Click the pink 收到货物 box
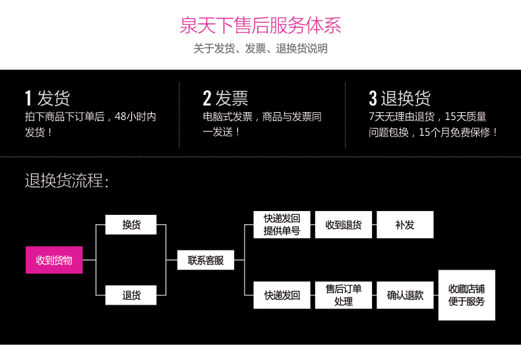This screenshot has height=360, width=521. pos(54,260)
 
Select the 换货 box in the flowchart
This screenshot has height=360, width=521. pos(131,224)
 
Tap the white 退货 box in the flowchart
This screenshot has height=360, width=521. pos(131,295)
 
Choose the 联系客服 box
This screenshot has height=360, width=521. pos(206,260)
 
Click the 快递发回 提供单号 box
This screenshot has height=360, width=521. pos(282,224)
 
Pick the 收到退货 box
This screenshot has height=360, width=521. pos(343,224)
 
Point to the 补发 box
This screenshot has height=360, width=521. pos(405,224)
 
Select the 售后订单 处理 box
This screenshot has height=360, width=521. pos(343,295)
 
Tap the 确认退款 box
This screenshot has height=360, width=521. pos(405,295)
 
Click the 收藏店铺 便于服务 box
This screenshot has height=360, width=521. pos(466,295)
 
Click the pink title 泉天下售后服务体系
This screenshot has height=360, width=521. pos(260,26)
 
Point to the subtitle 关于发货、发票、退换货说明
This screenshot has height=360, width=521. pos(260,49)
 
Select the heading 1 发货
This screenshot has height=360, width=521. pos(47,98)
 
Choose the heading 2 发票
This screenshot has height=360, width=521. pos(225,98)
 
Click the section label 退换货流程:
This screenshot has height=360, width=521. pos(67,180)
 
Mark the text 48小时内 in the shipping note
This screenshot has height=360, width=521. pos(135,117)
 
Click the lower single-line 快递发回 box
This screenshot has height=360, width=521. pos(282,295)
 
